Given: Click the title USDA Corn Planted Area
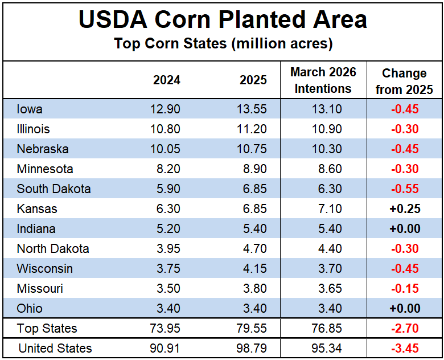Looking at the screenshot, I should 223,20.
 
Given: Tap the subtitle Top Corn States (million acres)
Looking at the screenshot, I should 223,43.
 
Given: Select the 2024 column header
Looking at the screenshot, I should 167,80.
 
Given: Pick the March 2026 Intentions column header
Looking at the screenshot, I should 323,80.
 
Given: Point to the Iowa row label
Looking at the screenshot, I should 30,109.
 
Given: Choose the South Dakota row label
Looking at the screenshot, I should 54,189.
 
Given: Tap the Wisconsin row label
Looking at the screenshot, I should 44,268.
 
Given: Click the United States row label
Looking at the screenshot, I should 55,348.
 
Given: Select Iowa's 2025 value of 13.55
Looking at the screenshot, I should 253,109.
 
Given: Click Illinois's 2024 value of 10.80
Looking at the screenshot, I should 167,129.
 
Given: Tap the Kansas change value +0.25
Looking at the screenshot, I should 405,208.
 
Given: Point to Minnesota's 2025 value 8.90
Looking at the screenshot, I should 253,169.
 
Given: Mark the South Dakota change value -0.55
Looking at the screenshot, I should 405,189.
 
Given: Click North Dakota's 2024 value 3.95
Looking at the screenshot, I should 167,248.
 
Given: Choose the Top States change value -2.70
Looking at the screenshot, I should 405,328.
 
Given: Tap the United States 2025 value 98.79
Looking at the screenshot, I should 253,348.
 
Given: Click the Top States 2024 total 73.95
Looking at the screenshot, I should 167,328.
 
